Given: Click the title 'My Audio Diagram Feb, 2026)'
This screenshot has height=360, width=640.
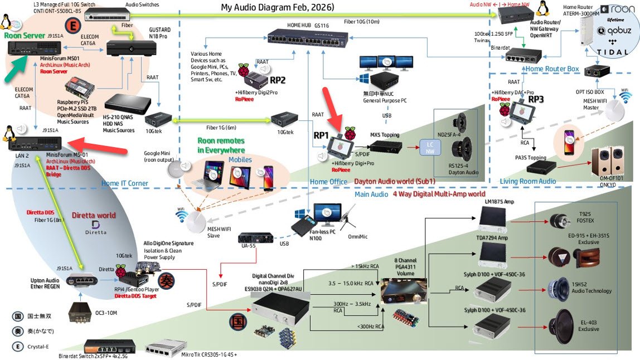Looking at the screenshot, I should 277,7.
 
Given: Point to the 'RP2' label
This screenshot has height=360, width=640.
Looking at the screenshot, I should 277,79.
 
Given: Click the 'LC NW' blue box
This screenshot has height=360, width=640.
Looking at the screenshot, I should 430,148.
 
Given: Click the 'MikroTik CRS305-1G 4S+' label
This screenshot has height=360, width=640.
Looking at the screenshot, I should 191,354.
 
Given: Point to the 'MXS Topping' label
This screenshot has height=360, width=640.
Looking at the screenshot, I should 385,134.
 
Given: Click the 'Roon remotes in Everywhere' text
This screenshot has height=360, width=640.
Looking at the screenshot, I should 221,145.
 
